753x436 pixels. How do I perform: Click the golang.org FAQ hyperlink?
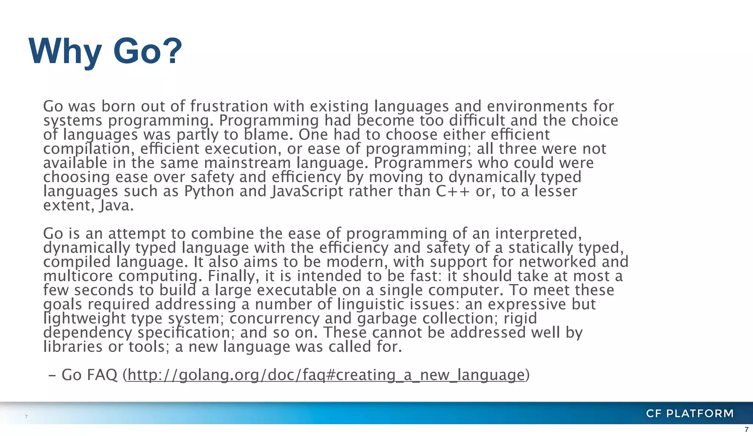(x=326, y=375)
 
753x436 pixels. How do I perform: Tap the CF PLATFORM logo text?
(x=689, y=413)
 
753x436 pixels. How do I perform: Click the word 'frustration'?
(x=229, y=106)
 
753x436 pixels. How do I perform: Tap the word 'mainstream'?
(x=247, y=163)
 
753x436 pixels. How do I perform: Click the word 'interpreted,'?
(x=538, y=233)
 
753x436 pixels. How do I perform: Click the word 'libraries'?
(x=73, y=347)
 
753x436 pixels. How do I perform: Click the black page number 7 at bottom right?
(x=746, y=429)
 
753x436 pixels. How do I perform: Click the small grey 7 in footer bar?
(x=26, y=416)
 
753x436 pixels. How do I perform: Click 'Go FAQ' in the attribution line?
(x=89, y=375)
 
